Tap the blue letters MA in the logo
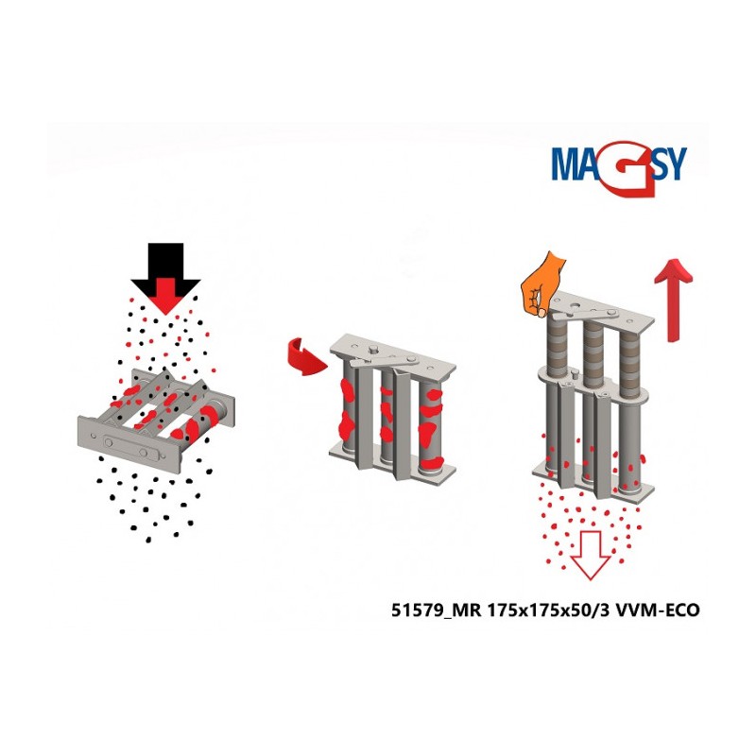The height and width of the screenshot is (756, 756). coord(576,163)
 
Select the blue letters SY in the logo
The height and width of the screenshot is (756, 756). coord(671,163)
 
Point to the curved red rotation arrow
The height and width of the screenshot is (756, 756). coord(304,357)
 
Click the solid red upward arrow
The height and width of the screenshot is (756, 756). coord(673,299)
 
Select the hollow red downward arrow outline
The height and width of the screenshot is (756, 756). coord(591,555)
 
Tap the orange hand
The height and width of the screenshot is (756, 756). coord(542,283)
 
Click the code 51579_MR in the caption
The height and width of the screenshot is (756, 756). coord(436,610)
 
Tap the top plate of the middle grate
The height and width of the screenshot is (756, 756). coord(393,358)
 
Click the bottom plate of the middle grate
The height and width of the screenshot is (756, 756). coord(392,463)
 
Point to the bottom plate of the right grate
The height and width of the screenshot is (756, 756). coord(593,480)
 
